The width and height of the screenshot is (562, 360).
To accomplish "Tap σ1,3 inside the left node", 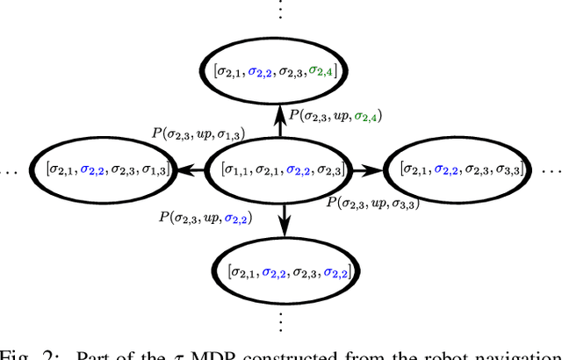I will (155, 168).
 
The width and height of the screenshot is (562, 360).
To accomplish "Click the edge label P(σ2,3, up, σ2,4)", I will (335, 115).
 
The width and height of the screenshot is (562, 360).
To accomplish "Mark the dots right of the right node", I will (551, 169).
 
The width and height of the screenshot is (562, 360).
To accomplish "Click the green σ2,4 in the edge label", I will (370, 116).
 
